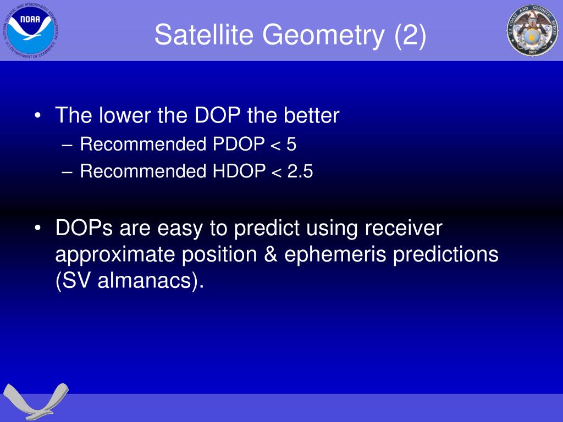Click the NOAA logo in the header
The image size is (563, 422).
point(31,31)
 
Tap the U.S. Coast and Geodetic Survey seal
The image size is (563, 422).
point(532,31)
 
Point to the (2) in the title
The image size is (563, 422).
point(410,35)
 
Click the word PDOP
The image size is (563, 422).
point(239,144)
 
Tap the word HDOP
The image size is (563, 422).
point(239,171)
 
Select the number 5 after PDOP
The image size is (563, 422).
point(291,145)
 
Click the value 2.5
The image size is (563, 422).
point(300,171)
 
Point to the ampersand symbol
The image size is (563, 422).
point(271,254)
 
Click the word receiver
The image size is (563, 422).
point(404,228)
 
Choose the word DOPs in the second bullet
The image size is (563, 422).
point(84,228)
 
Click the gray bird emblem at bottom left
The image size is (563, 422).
point(36,401)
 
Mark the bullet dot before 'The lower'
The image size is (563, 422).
point(37,116)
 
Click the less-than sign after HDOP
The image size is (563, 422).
point(276,173)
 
